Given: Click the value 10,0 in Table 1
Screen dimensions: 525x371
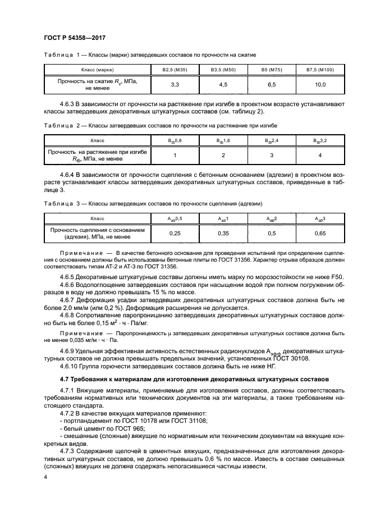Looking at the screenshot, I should [x=319, y=84].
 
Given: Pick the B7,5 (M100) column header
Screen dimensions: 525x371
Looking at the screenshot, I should [x=319, y=70].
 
